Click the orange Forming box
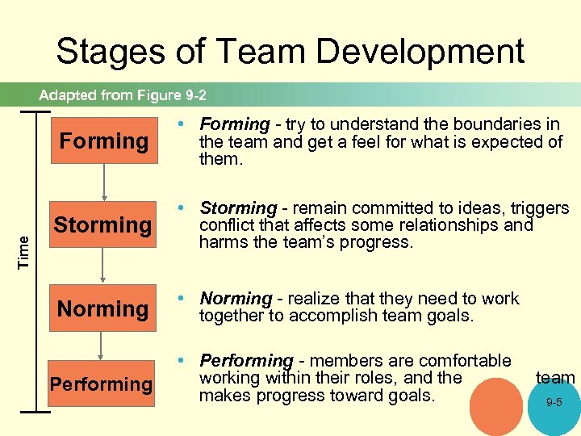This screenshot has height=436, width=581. coord(103,141)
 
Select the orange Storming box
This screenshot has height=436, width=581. coord(103,224)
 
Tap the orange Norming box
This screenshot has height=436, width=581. coord(103,308)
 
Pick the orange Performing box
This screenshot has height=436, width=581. coord(102,384)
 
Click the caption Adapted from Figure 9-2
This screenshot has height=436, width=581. coord(123,95)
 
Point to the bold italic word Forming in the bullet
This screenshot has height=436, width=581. coord(235,124)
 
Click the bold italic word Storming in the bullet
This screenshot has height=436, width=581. coord(238,208)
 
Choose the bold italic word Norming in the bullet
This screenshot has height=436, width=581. coord(236,299)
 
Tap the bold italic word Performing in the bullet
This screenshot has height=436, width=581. coord(246,360)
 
